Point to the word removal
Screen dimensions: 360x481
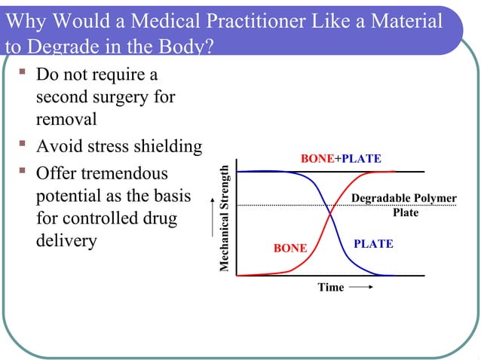(66, 119)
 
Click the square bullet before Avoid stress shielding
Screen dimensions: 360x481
(25, 145)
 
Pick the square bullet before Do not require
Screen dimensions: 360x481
(25, 74)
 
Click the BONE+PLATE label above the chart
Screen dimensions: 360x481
(341, 159)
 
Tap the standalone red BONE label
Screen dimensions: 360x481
(290, 248)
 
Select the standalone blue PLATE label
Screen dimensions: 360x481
(373, 245)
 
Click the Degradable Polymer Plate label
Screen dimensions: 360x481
(404, 205)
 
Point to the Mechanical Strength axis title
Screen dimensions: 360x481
(223, 218)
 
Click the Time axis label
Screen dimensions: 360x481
(330, 287)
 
